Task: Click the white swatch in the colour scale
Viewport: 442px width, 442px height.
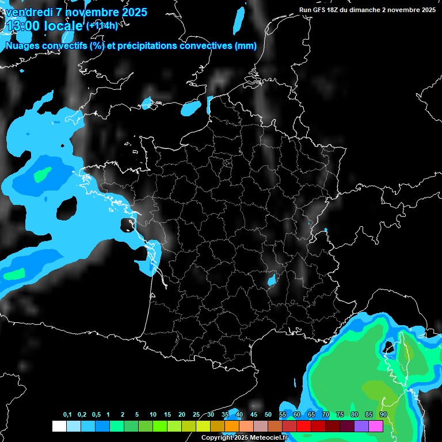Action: [x=59, y=426]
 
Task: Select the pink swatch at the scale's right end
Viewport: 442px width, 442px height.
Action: [x=376, y=426]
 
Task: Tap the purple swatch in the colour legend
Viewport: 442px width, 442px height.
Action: [x=361, y=426]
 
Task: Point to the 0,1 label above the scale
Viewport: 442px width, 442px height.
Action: [x=67, y=414]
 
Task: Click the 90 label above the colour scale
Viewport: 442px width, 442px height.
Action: [x=383, y=414]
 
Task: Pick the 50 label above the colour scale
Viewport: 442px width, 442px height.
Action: [x=268, y=414]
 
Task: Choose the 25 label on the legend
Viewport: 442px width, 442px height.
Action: [x=196, y=414]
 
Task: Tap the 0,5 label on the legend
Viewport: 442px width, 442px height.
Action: [x=96, y=414]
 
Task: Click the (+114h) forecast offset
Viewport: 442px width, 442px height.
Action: [x=102, y=25]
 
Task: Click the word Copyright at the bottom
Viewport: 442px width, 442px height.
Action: [x=216, y=438]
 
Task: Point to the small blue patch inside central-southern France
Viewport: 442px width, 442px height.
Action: [x=271, y=280]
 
